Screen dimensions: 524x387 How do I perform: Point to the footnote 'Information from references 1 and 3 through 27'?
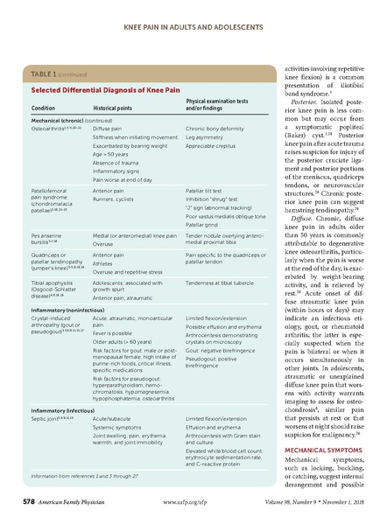pos(88,476)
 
